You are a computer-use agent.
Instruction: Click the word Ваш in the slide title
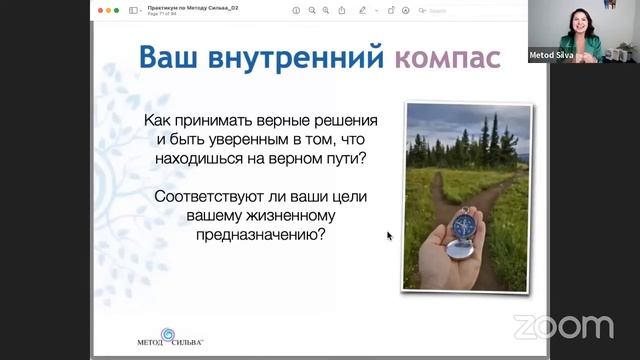click(170, 57)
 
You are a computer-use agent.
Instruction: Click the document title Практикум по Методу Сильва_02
click(193, 7)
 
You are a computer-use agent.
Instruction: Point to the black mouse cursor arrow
click(389, 236)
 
